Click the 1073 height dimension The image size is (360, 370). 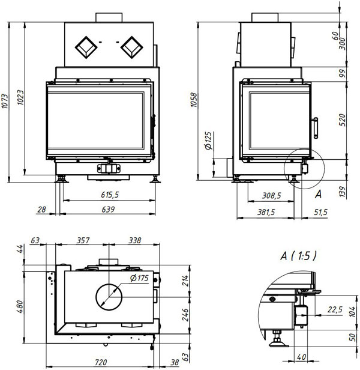pos(5,102)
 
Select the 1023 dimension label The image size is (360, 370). pos(20,97)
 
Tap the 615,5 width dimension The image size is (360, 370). pos(110,195)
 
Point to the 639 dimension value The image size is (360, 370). pos(108,210)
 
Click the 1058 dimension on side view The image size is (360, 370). pos(194,100)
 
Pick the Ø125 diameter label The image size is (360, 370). pos(208,141)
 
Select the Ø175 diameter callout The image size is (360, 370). pos(139,278)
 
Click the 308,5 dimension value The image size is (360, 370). pos(272,196)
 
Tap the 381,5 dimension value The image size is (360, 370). pos(266,213)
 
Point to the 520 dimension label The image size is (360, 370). pos(343,120)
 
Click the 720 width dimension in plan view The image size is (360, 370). pos(101,362)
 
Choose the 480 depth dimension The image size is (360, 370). pos(20,306)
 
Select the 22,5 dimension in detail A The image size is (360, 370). pos(335,309)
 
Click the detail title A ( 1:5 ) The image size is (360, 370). pos(298,256)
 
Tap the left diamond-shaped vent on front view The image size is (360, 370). pos(86,47)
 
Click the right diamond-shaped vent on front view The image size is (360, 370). pos(132,47)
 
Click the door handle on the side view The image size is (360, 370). pos(316,128)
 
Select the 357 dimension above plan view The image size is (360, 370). pos(83,240)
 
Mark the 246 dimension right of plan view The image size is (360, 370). pos(185,315)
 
